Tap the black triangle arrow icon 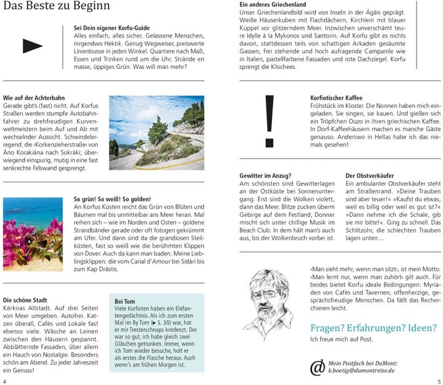(x=32, y=45)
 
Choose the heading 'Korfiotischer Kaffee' (x=337, y=98)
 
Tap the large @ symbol (x=317, y=367)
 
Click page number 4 (x=5, y=381)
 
